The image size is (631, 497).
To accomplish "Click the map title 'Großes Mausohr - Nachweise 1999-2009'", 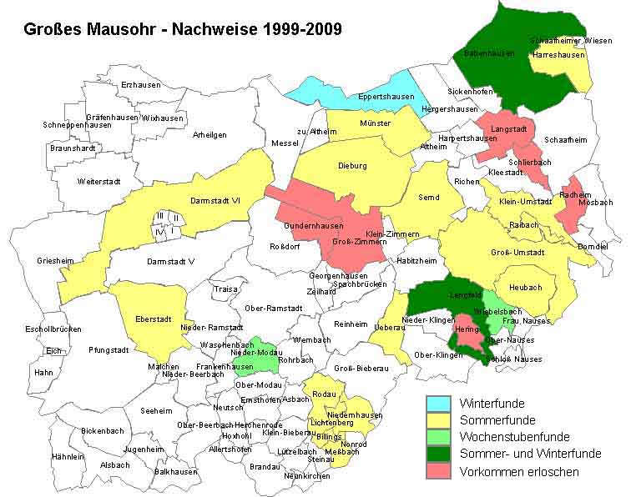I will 182,29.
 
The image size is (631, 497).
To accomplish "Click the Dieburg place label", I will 352,166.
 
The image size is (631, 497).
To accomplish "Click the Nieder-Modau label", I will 255,354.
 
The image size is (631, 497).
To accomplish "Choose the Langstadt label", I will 508,129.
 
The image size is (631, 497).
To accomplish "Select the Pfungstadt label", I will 109,351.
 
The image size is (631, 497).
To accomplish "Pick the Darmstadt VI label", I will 216,200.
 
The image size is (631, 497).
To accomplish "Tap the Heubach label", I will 525,288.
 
